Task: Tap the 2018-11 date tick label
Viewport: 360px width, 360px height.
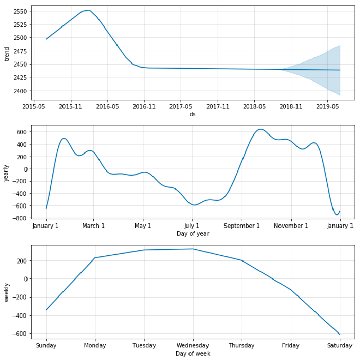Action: [291, 107]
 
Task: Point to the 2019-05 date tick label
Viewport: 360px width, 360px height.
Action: [327, 107]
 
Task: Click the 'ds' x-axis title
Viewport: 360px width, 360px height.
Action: [193, 115]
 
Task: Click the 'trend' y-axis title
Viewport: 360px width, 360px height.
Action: [7, 53]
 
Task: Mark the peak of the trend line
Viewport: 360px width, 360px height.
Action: [89, 10]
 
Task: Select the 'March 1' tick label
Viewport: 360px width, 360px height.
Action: [94, 226]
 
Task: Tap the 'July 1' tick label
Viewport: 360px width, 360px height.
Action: [192, 226]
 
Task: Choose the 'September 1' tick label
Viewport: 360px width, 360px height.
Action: [242, 226]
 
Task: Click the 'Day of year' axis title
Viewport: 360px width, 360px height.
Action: [193, 233]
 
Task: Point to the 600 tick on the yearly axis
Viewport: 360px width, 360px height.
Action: [21, 132]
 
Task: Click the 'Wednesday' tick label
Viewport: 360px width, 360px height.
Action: [193, 345]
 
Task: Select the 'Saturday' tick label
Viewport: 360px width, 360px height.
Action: [339, 345]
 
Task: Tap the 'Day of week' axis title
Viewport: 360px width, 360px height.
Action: [193, 353]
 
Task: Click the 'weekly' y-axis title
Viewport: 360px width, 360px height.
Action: [7, 291]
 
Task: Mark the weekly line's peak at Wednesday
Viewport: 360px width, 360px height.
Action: [193, 249]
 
